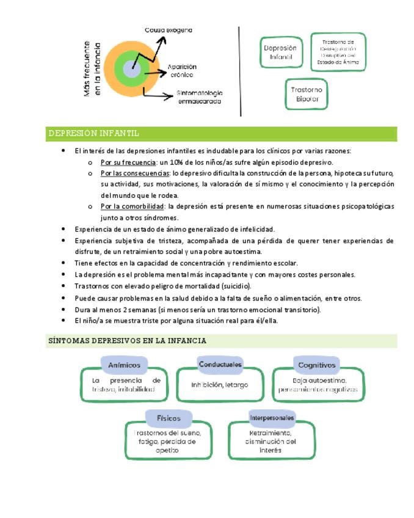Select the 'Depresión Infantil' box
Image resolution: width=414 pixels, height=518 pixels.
(x=280, y=53)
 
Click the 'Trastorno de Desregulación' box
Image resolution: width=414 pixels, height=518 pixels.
(x=338, y=51)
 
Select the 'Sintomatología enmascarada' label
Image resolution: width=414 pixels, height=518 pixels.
(x=200, y=97)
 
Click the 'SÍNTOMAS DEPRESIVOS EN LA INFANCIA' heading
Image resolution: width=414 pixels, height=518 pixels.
(x=127, y=341)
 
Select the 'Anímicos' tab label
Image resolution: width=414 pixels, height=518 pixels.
(x=124, y=365)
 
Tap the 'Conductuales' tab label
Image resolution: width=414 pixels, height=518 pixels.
(x=220, y=365)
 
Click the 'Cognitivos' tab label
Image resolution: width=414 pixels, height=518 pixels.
(x=316, y=365)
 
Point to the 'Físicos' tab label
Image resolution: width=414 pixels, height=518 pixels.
(x=169, y=418)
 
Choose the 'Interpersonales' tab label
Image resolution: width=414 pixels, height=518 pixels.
(x=272, y=418)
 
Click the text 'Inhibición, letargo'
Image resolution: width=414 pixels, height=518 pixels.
(x=220, y=385)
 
